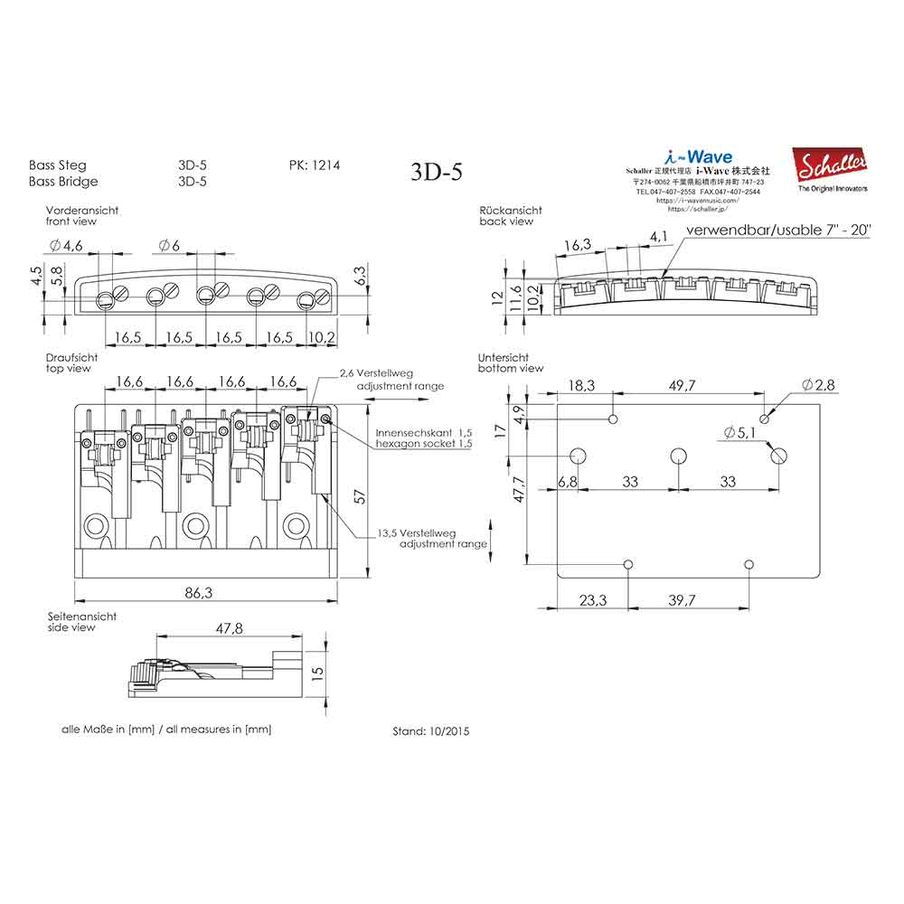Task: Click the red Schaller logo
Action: pos(829,165)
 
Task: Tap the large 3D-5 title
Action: pos(436,172)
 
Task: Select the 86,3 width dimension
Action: pos(199,593)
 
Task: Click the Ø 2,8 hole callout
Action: pos(818,386)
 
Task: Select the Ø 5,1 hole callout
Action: pos(740,433)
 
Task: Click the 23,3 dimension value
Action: pos(592,599)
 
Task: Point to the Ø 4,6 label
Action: pos(67,246)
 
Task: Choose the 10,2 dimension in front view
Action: pos(322,336)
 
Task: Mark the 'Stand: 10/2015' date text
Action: pos(431,730)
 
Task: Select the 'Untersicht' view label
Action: pos(504,358)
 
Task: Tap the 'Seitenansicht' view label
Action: pos(82,616)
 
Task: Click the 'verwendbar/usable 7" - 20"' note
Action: pos(777,231)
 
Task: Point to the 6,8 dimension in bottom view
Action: pos(568,483)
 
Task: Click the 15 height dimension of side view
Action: pos(316,673)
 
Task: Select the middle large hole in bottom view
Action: pos(678,455)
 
